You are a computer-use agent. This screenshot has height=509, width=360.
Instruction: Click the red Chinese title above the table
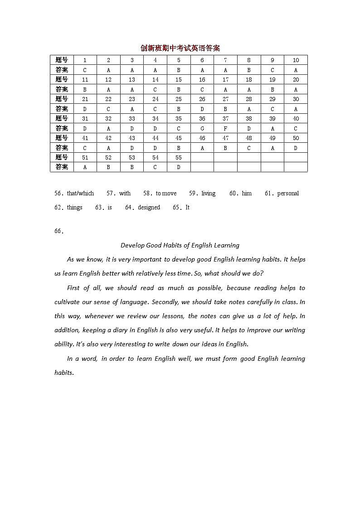point(180,48)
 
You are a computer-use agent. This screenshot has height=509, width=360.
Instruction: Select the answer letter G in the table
point(202,128)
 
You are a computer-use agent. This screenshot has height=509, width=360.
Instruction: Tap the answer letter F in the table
point(225,128)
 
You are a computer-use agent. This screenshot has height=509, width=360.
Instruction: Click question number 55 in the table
point(179,157)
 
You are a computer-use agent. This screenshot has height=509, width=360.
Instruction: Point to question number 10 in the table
point(296,60)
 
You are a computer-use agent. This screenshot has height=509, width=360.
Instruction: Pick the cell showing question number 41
point(85,138)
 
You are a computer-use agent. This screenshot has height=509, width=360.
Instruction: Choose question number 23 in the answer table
point(132,99)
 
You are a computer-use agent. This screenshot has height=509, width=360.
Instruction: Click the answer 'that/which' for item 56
point(80,194)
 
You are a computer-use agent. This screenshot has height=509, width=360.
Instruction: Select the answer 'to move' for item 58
point(166,194)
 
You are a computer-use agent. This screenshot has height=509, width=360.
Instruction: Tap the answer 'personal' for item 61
point(288,194)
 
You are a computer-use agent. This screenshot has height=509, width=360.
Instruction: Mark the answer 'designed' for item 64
point(149,208)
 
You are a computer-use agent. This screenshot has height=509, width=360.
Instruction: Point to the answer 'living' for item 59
point(209,194)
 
